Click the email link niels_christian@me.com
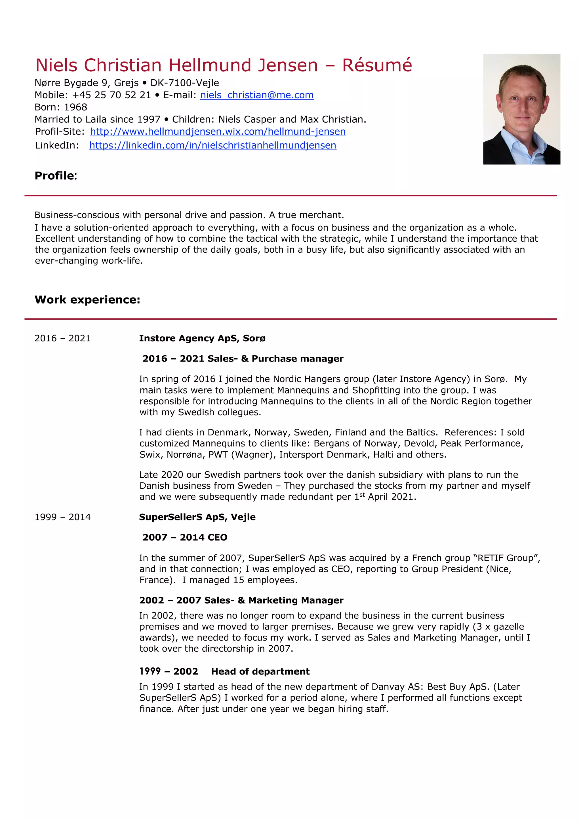click(x=257, y=95)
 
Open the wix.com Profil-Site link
click(x=218, y=131)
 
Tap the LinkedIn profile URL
click(x=213, y=146)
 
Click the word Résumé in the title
click(x=377, y=65)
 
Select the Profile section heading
click(x=56, y=176)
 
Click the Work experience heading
click(x=87, y=300)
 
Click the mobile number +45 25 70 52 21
click(x=111, y=95)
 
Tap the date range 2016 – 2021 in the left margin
click(x=62, y=338)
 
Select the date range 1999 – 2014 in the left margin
click(x=62, y=517)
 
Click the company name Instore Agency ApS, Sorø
click(x=202, y=338)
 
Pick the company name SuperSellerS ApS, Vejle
click(x=197, y=517)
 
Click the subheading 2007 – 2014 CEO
click(x=185, y=537)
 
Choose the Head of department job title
click(x=260, y=671)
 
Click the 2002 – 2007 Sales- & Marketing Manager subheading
click(x=241, y=600)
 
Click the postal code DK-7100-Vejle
click(x=185, y=83)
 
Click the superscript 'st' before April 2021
click(x=362, y=495)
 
